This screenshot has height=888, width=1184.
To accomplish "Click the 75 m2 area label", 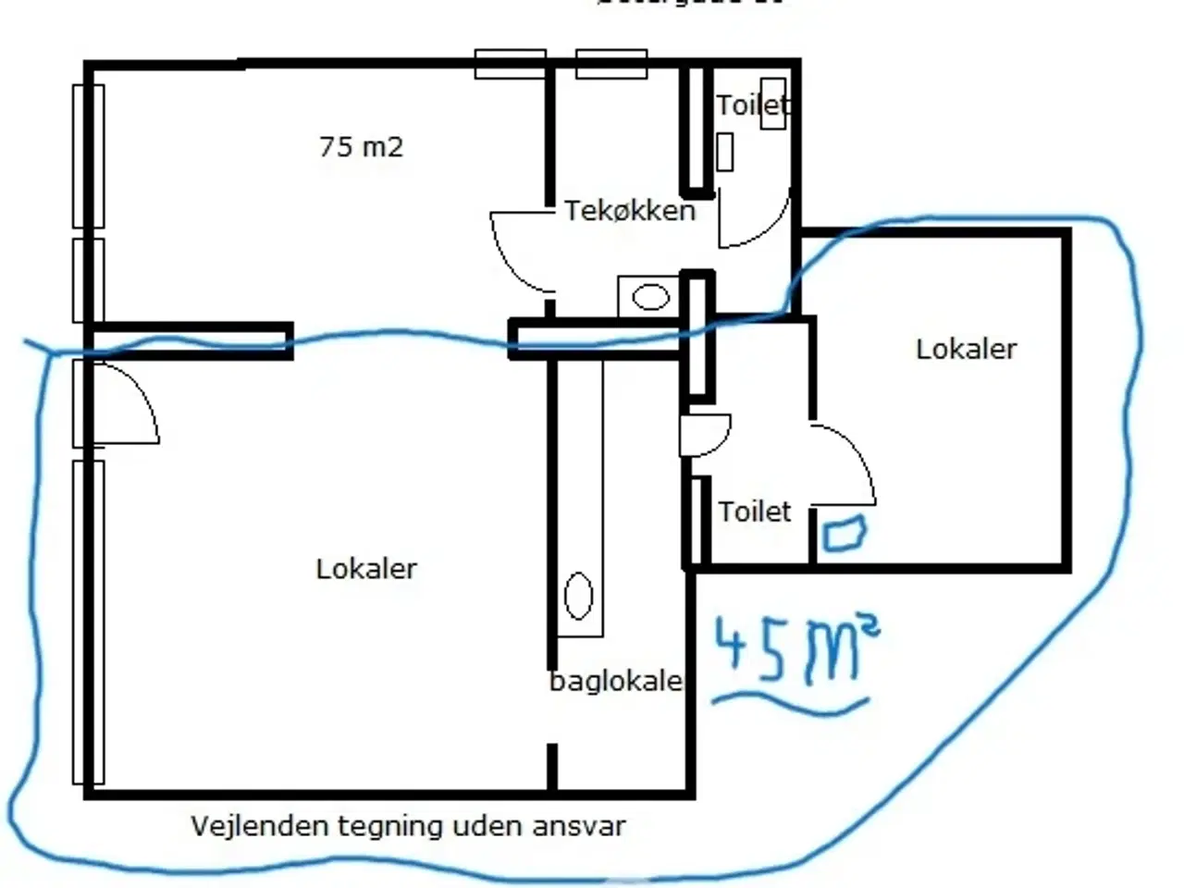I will coord(361,147).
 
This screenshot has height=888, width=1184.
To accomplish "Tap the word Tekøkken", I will coord(630,211).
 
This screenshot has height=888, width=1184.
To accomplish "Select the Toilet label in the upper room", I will coord(752,105).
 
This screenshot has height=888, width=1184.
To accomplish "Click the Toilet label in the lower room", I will coord(755,512).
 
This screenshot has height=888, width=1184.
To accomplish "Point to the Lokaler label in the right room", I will coord(966,350).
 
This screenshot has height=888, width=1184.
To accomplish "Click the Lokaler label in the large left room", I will coord(366,569).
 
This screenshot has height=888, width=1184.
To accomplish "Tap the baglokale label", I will coord(616,683).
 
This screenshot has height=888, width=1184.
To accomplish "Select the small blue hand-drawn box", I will coord(843,535).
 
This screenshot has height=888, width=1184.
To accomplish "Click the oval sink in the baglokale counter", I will coord(578,596).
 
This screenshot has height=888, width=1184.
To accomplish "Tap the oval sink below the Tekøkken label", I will coord(651,297).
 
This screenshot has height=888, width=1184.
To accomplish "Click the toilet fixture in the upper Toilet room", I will coord(773,105).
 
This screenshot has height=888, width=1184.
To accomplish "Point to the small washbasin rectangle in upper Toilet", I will coord(725,152).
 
